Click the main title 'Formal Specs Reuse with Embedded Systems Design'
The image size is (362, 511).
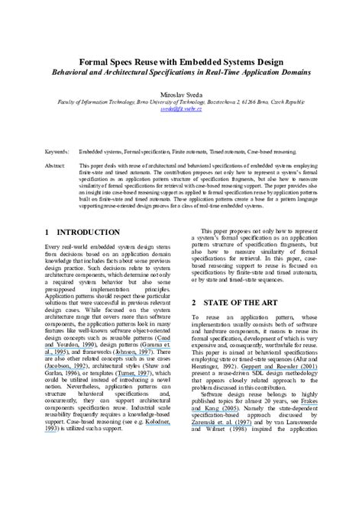click(181, 60)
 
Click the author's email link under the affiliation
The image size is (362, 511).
click(181, 109)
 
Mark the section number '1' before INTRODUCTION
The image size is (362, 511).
click(48, 232)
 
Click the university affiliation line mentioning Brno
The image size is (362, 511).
click(181, 101)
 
